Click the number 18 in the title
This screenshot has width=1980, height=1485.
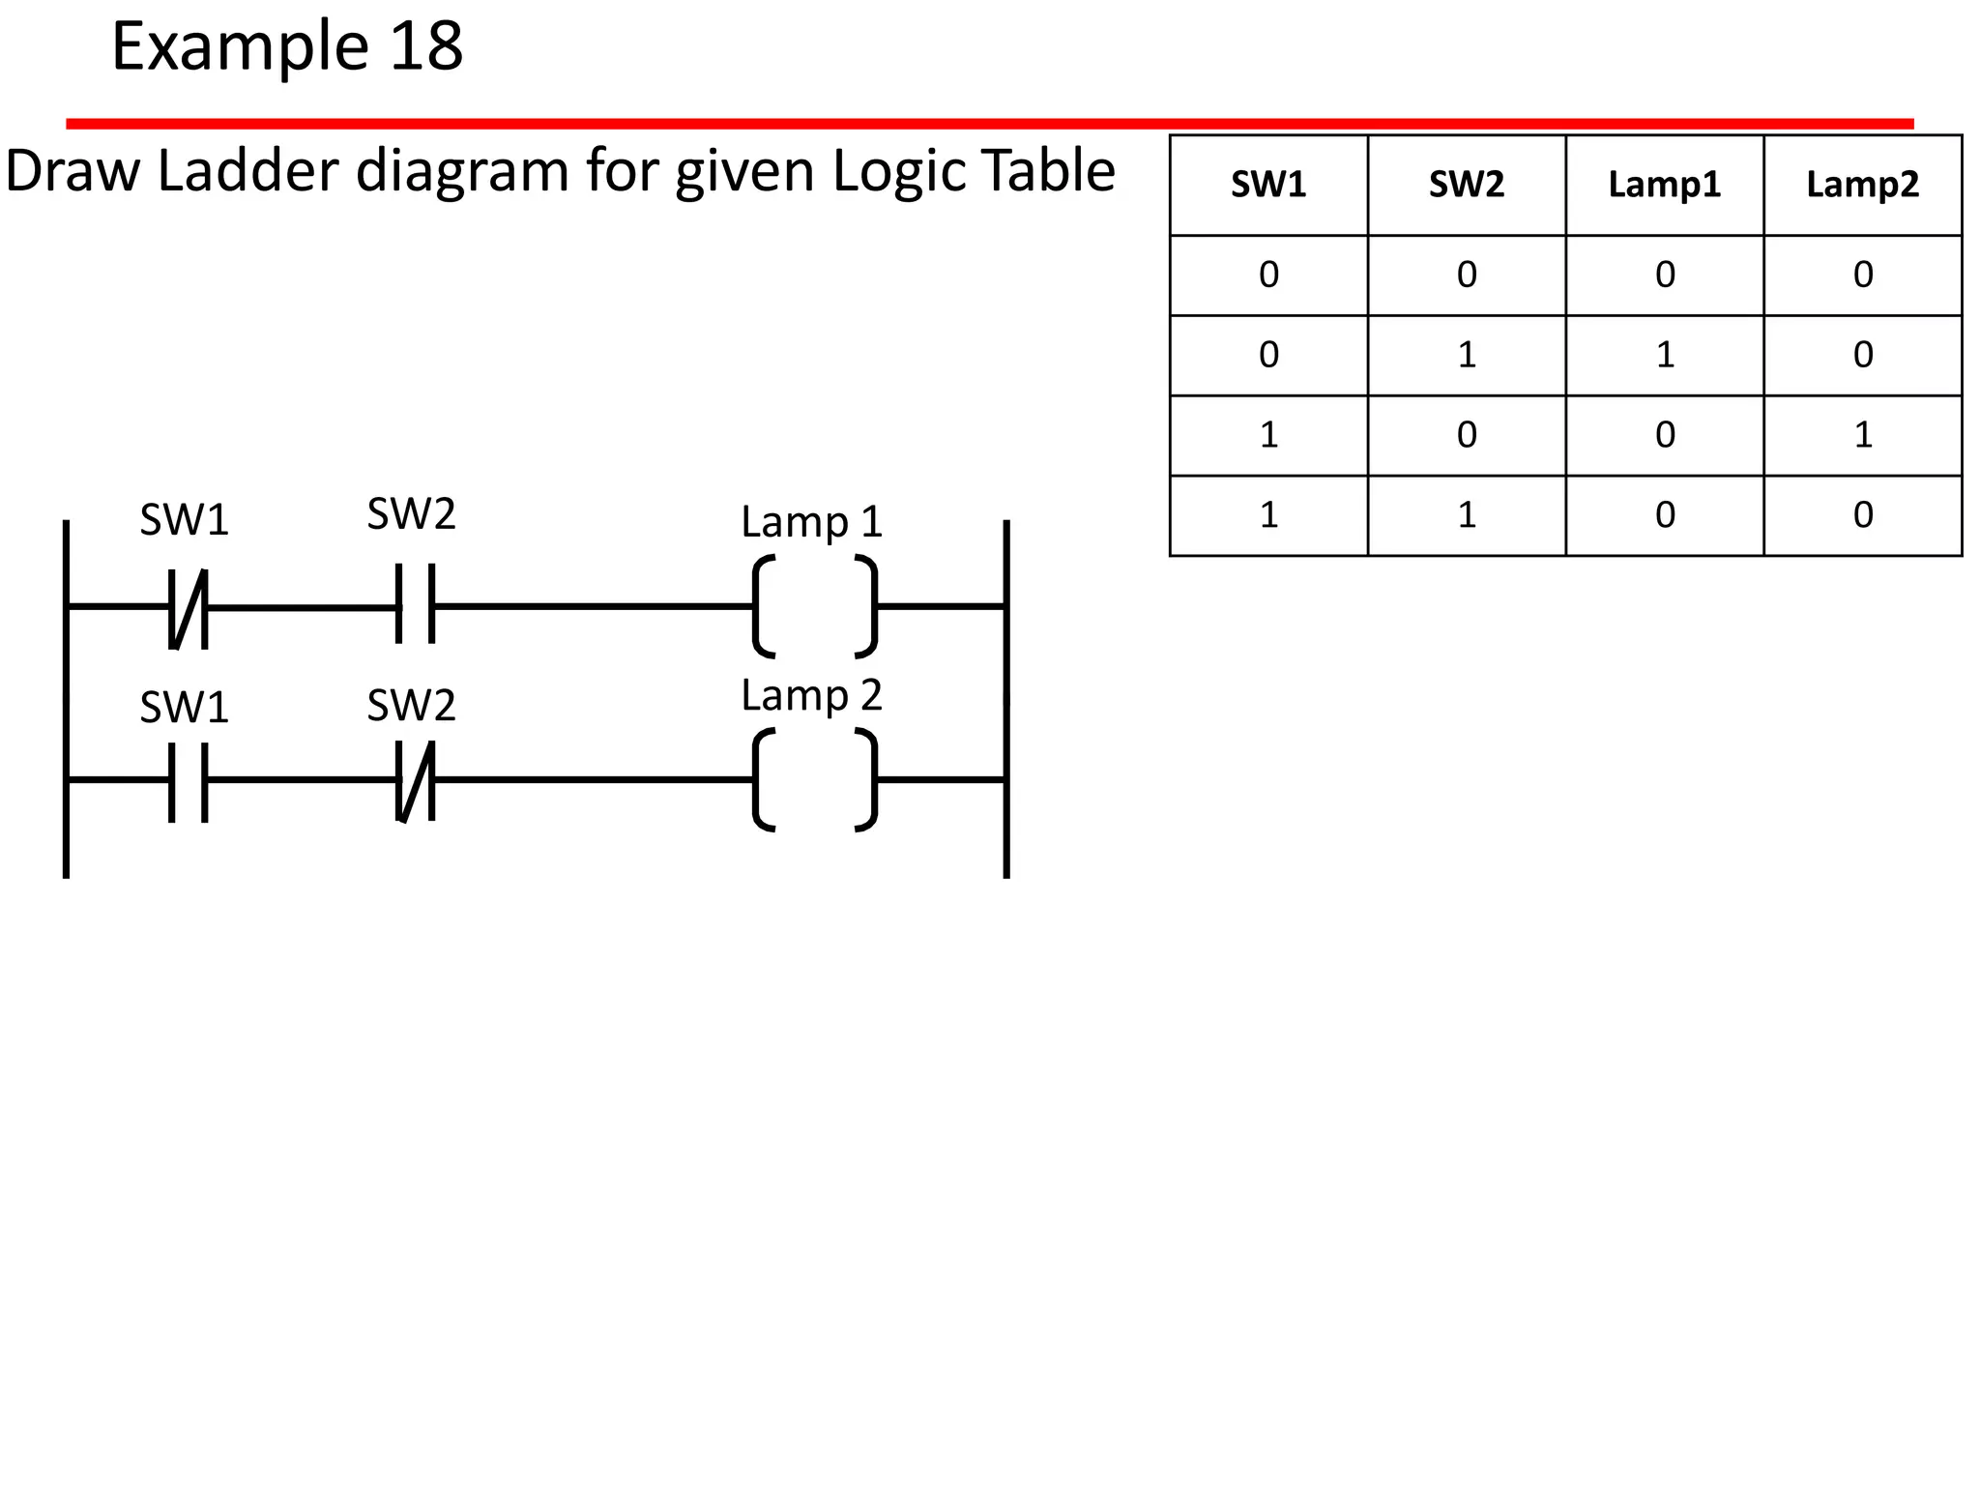click(425, 46)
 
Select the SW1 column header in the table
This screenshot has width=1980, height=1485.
click(1268, 185)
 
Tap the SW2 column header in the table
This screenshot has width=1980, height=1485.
click(1467, 185)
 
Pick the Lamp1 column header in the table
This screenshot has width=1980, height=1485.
click(1664, 185)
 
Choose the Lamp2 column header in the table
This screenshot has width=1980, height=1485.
click(1862, 185)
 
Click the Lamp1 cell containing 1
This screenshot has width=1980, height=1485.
click(1664, 355)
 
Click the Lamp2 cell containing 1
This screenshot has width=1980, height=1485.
click(1862, 435)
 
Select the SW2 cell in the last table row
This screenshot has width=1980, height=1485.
click(1467, 515)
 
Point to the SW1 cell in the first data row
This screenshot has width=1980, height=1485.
click(1268, 275)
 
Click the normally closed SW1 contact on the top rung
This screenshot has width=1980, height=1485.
click(189, 607)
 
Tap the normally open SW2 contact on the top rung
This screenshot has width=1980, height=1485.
click(416, 605)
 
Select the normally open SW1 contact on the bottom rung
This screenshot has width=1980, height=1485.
click(189, 781)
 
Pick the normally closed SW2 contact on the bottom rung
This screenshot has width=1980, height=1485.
click(416, 781)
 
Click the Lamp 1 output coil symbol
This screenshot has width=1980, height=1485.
click(814, 606)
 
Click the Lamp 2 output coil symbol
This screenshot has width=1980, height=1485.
click(814, 780)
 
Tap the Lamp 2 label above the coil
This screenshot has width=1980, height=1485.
click(812, 695)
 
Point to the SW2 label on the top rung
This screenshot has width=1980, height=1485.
click(411, 514)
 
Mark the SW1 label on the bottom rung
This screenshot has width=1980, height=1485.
click(184, 708)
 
